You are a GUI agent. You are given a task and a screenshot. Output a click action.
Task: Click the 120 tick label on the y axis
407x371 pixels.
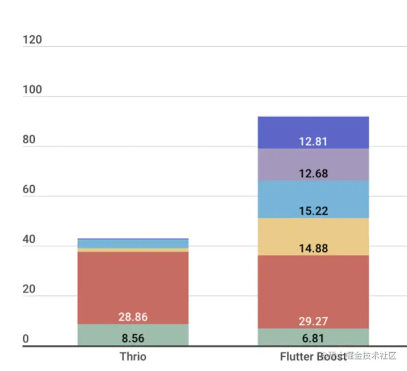point(32,40)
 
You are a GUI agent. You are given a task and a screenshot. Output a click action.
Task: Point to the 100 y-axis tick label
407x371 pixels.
point(32,91)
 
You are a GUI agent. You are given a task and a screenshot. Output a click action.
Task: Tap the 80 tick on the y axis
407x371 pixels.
point(29,140)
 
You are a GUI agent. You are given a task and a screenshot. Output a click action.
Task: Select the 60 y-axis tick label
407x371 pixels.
point(29,190)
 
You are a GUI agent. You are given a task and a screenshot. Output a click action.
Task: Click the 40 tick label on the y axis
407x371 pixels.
point(29,240)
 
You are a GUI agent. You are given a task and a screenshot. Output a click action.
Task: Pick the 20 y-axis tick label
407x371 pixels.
point(29,289)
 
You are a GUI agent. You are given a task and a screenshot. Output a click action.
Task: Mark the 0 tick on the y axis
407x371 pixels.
point(26,339)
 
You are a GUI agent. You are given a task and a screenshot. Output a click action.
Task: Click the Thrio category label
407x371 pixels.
point(133,357)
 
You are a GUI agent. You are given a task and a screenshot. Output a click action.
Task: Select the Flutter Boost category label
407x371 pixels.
point(313,357)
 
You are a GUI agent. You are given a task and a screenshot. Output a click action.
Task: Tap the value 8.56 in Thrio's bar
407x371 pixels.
point(133,339)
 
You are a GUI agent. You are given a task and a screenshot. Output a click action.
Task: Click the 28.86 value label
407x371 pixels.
point(133,317)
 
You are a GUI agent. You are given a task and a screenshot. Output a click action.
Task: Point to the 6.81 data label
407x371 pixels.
point(313,339)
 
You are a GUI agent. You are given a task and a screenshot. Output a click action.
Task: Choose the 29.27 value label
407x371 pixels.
point(313,321)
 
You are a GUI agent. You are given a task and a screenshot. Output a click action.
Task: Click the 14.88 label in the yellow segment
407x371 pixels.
point(313,248)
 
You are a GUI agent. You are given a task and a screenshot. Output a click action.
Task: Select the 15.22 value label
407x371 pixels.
point(313,211)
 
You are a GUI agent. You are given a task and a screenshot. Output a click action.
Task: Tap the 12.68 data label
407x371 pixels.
point(313,173)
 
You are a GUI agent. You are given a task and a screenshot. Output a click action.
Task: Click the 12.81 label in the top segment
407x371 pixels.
point(313,141)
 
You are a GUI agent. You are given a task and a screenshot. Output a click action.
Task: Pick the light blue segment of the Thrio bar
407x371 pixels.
point(133,244)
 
